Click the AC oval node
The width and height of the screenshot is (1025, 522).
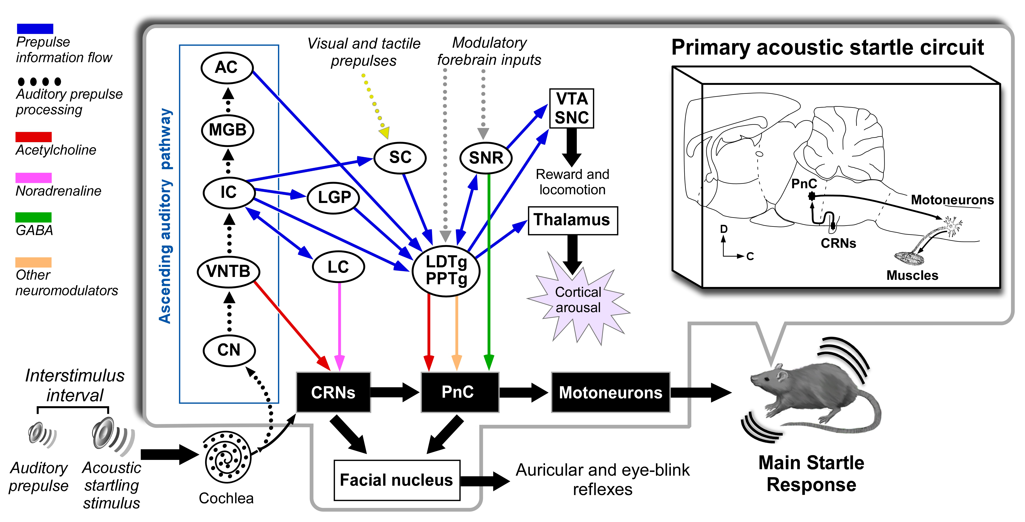(227, 68)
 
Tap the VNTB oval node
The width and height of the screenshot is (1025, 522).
(228, 272)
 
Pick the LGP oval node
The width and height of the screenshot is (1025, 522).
(334, 197)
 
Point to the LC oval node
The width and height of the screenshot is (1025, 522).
(338, 267)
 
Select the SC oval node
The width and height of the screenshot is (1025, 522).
(400, 158)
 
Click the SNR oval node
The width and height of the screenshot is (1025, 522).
(486, 158)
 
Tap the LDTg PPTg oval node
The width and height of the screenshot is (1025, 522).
(446, 270)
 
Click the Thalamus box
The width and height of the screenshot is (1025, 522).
(573, 220)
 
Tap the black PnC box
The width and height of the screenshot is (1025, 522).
(459, 392)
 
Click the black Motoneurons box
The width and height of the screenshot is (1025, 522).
(610, 392)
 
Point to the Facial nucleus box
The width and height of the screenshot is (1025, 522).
(397, 480)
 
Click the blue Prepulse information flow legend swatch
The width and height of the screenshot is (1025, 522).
(35, 29)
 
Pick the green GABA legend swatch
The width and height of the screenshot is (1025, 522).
(33, 217)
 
